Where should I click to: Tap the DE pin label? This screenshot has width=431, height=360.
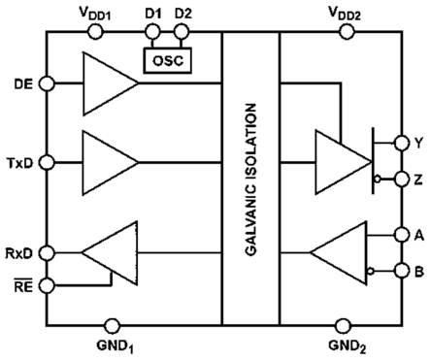click(19, 83)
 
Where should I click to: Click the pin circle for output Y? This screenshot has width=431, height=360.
click(401, 143)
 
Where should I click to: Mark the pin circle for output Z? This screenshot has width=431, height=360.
click(401, 178)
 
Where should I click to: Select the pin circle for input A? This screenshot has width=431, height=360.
click(401, 234)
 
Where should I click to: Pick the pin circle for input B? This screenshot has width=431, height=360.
click(401, 273)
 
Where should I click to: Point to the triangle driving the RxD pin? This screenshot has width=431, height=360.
click(110, 255)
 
